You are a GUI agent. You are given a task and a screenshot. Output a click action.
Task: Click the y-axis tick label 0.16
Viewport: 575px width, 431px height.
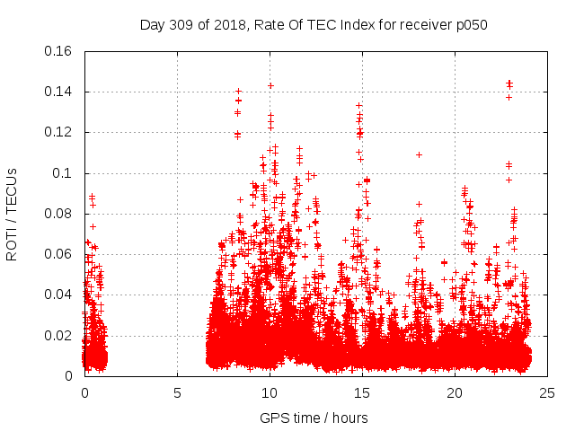[x=58, y=51]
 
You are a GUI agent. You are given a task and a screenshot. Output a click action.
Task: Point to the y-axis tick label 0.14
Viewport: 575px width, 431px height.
[x=58, y=92]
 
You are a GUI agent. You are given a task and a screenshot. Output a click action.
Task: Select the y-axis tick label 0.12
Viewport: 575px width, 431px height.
[x=58, y=133]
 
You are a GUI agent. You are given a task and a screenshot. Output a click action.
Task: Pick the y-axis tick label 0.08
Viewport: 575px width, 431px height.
[x=58, y=214]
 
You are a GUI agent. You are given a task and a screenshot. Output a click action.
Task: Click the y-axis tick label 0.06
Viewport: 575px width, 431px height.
[x=58, y=254]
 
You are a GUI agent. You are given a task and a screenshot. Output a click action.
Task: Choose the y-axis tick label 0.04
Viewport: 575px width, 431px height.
[x=58, y=295]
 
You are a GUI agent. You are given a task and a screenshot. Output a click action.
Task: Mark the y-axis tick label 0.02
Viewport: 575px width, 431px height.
[x=58, y=336]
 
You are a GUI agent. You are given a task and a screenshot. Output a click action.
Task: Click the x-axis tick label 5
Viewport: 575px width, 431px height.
[x=177, y=393]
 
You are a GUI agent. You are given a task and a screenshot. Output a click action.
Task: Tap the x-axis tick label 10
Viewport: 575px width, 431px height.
[x=270, y=393]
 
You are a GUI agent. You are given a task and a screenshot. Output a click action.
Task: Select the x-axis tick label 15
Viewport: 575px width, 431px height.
[x=362, y=393]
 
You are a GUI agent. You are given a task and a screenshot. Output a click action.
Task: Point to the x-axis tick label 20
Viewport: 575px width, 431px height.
[x=455, y=393]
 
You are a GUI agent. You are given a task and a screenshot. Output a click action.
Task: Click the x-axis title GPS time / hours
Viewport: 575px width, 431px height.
[x=314, y=418]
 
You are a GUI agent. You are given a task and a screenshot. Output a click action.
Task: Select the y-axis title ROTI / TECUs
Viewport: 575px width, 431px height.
[x=12, y=214]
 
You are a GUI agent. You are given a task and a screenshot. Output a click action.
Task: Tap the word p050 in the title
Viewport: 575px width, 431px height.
[x=470, y=25]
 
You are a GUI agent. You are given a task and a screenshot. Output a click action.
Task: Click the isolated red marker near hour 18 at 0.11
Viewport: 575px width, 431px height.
[x=419, y=154]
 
